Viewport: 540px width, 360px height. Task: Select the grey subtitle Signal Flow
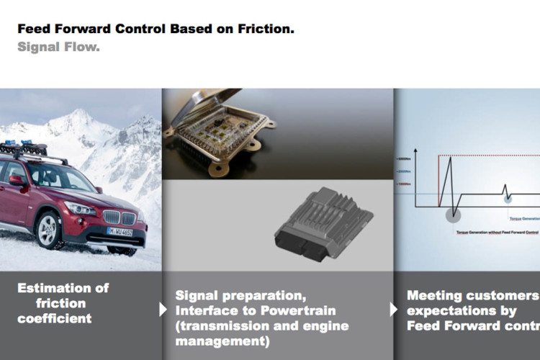(x=58, y=48)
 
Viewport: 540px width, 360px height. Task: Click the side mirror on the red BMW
(x=16, y=180)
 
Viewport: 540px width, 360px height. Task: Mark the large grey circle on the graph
(x=453, y=214)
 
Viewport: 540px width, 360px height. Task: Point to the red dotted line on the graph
(x=490, y=156)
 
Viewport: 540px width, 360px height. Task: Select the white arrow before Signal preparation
(x=163, y=310)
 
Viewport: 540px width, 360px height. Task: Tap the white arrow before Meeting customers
(x=394, y=310)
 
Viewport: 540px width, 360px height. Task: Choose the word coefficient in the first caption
(x=55, y=318)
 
